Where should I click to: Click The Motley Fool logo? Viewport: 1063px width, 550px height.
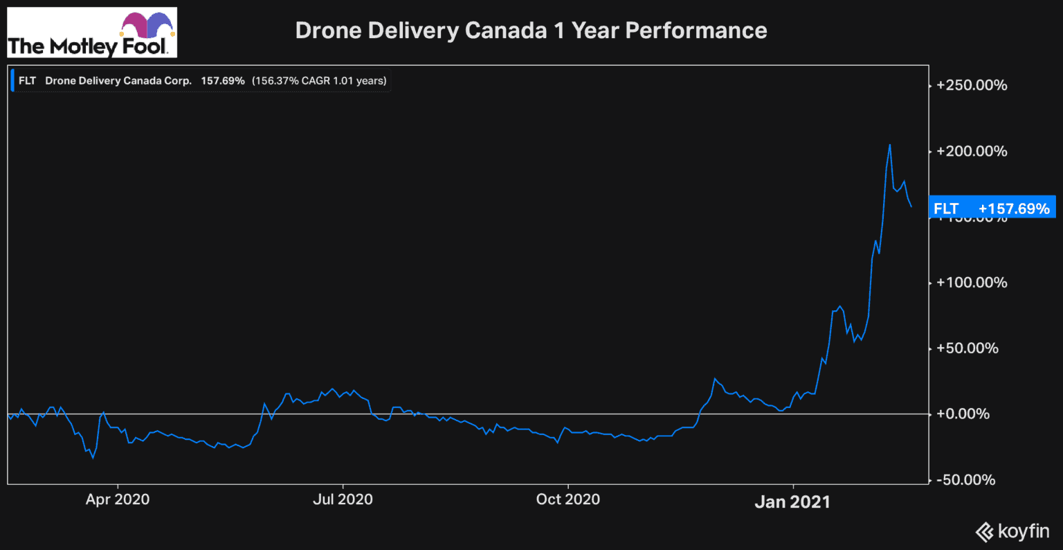pos(91,33)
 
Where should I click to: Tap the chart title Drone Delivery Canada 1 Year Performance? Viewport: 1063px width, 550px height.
pos(531,30)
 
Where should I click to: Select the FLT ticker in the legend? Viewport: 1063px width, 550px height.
pos(28,80)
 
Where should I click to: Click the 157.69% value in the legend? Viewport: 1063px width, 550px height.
pos(223,80)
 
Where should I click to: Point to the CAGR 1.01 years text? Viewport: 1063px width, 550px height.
pos(319,80)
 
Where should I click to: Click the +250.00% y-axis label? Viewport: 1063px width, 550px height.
pos(972,86)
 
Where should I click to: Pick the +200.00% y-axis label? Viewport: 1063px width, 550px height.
pos(972,152)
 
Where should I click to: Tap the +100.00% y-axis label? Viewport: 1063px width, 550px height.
pos(972,283)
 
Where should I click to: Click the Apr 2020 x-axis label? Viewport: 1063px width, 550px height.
pos(118,499)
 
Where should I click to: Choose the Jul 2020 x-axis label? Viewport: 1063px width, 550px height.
pos(343,499)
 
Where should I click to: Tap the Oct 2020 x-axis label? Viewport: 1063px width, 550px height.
pos(568,499)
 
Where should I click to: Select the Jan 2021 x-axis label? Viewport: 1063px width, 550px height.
pos(792,502)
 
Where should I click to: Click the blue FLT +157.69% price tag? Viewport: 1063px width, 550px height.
pos(991,209)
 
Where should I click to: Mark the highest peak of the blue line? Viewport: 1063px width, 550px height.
pos(889,144)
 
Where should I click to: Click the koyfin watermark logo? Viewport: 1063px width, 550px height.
pos(1013,532)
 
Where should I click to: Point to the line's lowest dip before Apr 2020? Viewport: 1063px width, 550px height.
pos(93,458)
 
